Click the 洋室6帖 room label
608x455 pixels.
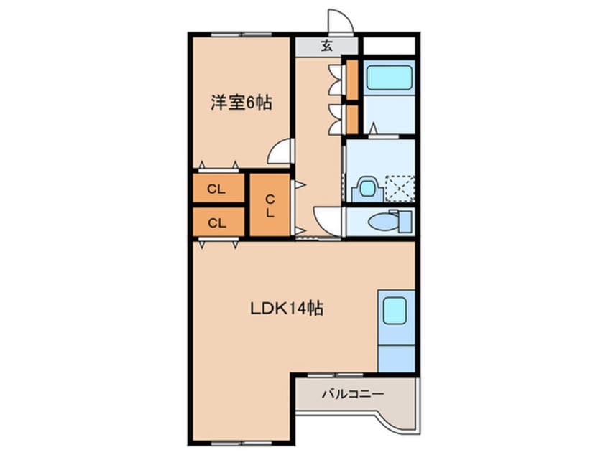(241, 103)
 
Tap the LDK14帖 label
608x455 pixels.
(286, 309)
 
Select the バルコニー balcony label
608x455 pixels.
(352, 394)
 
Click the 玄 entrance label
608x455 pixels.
(326, 47)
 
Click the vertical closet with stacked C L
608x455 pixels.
(270, 205)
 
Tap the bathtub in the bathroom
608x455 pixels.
(389, 78)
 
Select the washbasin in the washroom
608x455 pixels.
(367, 189)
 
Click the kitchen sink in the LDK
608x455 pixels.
(395, 311)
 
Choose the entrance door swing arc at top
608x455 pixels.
(338, 22)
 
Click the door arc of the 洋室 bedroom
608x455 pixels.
(282, 151)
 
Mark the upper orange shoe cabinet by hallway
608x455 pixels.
(352, 79)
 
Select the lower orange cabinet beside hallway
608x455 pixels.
(352, 119)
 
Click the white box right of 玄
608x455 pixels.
(389, 46)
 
